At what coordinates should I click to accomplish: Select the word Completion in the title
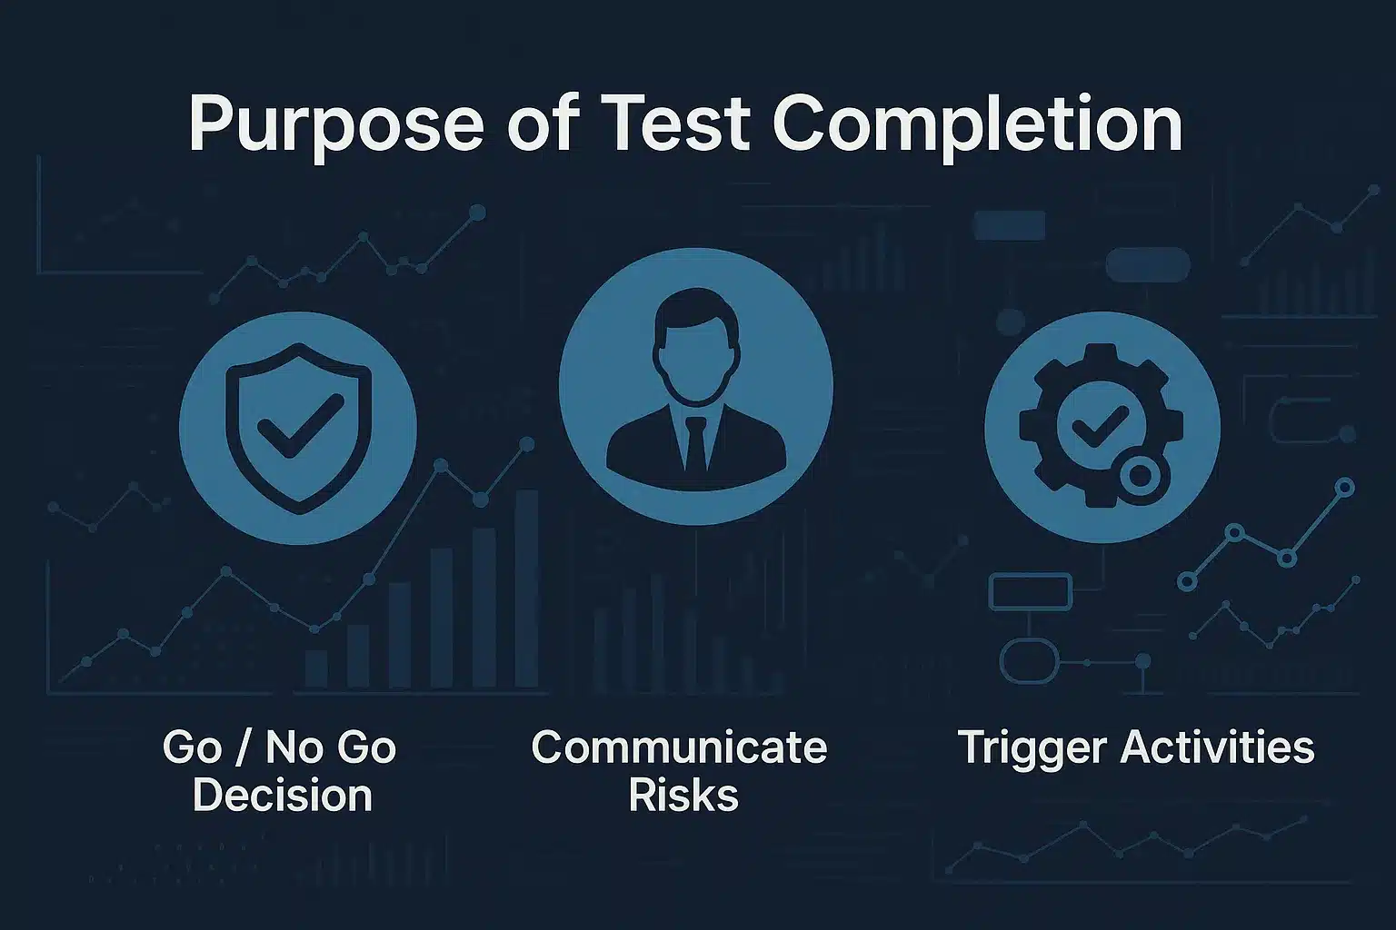pyautogui.click(x=977, y=125)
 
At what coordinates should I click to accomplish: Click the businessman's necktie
pyautogui.click(x=696, y=445)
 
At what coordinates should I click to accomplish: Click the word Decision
pyautogui.click(x=283, y=796)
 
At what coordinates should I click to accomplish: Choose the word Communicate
pyautogui.click(x=679, y=747)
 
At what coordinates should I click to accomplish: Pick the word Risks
pyautogui.click(x=683, y=796)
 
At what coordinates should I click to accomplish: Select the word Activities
pyautogui.click(x=1218, y=747)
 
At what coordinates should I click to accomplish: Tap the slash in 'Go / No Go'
pyautogui.click(x=244, y=748)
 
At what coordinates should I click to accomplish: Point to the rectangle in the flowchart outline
pyautogui.click(x=1030, y=592)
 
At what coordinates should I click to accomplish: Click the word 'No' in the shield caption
pyautogui.click(x=289, y=747)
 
